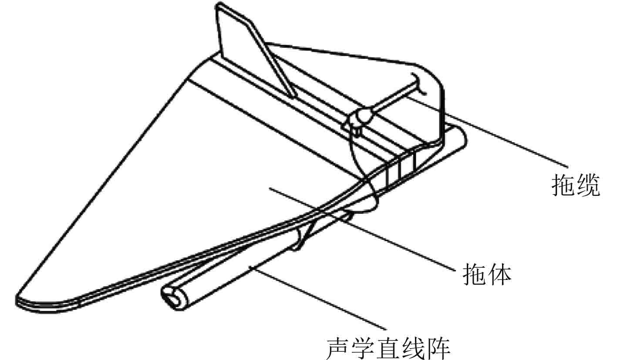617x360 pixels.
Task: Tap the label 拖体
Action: coord(486,274)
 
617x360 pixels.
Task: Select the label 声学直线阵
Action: coord(388,347)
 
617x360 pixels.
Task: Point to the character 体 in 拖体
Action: coord(499,274)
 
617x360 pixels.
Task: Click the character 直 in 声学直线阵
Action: coord(388,347)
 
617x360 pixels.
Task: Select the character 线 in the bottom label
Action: coord(413,347)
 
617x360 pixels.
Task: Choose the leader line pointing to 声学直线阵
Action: coord(318,296)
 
